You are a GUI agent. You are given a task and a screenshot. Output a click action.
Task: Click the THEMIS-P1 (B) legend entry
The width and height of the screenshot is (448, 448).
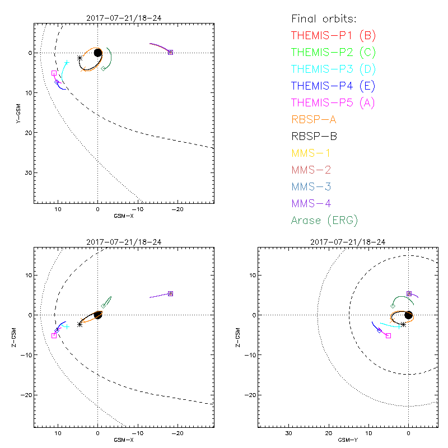333,36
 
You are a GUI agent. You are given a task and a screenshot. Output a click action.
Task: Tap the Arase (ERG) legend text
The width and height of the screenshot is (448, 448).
324,220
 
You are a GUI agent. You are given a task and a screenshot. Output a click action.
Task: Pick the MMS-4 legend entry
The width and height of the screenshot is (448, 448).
315,203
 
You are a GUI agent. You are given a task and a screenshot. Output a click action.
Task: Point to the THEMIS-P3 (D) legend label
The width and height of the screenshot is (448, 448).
333,69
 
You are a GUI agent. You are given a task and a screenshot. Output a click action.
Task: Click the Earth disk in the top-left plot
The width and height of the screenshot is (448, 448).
98,53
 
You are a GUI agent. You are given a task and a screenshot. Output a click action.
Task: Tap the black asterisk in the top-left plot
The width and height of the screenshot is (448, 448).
80,58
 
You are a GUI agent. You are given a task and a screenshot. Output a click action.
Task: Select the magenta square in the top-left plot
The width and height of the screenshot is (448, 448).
54,73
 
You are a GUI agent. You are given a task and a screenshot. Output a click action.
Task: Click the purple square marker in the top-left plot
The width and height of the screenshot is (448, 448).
170,52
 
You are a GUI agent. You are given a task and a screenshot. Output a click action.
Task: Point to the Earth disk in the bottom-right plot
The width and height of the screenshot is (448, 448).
408,315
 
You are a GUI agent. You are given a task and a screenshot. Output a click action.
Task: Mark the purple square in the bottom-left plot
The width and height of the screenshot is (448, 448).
170,293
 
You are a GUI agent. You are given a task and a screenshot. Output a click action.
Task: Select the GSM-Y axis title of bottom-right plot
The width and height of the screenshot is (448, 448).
347,440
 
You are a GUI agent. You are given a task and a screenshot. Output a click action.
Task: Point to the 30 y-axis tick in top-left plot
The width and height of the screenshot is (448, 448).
26,172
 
